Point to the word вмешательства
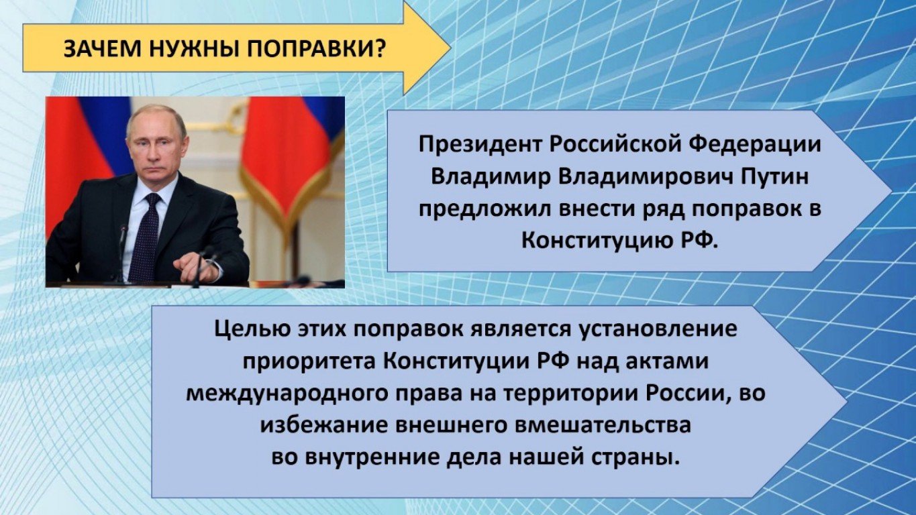coord(603,425)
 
